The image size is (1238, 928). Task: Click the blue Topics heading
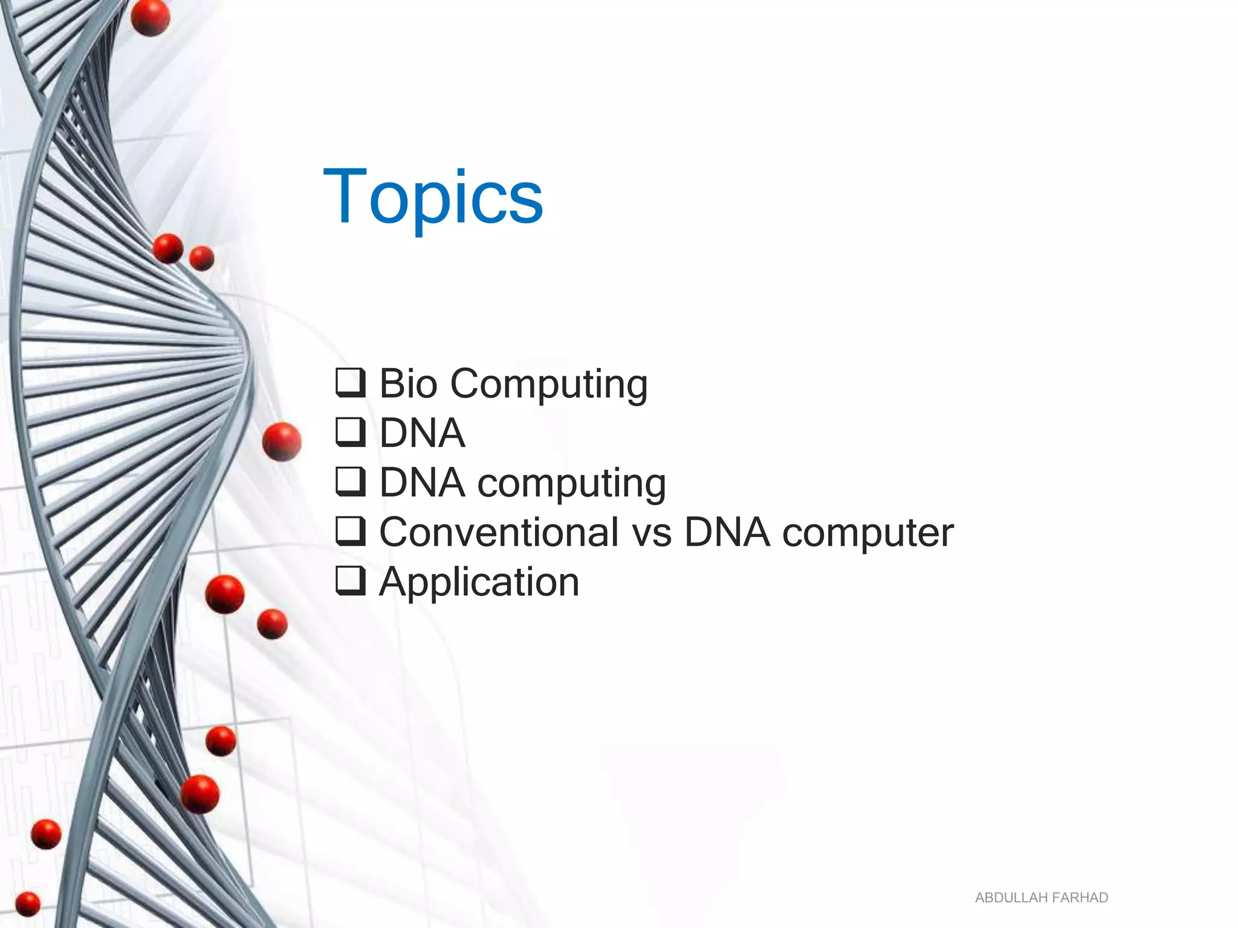coord(433,198)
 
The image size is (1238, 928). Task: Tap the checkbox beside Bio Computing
coord(351,382)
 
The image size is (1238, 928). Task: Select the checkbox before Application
coord(351,581)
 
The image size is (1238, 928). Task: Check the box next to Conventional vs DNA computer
coord(351,531)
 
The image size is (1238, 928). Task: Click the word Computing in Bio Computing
coord(549,385)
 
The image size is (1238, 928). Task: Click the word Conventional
coord(499,532)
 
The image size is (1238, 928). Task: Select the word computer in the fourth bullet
coord(867,533)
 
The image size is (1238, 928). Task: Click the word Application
coord(479,582)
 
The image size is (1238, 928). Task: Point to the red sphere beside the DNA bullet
coord(282,442)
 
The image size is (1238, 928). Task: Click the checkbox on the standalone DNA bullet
coord(351,432)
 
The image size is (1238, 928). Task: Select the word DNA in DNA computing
coord(422,483)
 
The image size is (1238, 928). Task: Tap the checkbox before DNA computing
coord(351,482)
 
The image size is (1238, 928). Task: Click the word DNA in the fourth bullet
coord(727,532)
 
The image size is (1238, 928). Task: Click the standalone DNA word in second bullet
coord(422,433)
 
